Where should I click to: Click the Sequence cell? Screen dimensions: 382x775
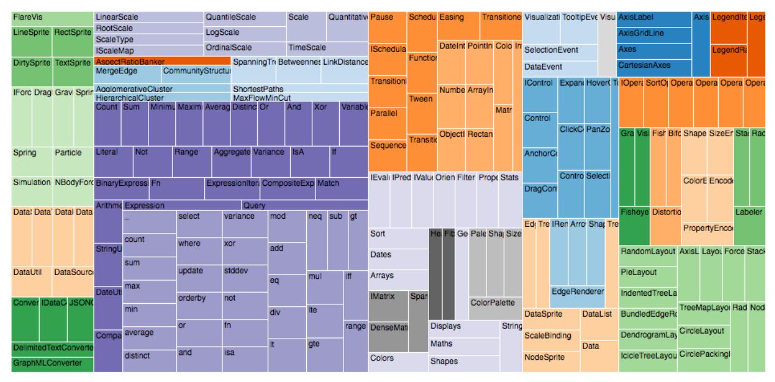click(387, 147)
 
